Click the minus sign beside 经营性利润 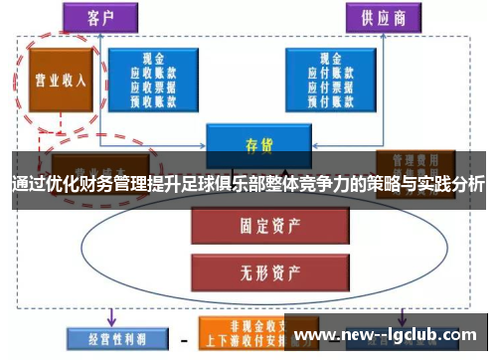pyautogui.click(x=182, y=338)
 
